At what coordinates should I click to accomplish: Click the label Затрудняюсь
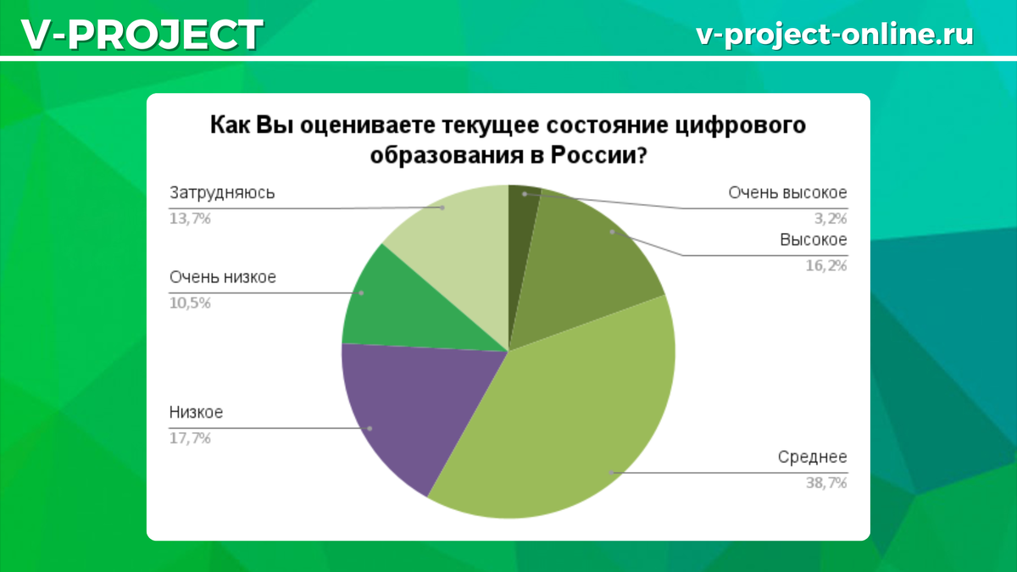pos(222,192)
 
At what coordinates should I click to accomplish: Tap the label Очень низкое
pos(222,277)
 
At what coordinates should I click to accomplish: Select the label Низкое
pos(196,413)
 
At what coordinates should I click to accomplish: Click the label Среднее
pos(812,458)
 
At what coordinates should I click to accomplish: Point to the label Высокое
pos(813,240)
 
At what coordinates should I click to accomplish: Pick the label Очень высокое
pos(787,192)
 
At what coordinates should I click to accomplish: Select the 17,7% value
pos(190,438)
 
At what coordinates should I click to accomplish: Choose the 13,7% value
pos(190,218)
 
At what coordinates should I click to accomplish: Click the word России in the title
pos(597,156)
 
